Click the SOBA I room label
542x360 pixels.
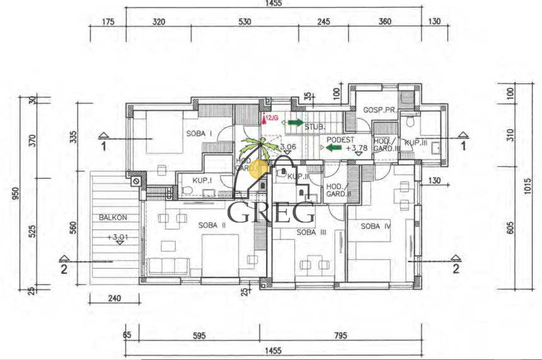click(x=199, y=134)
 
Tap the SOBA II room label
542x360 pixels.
click(x=212, y=225)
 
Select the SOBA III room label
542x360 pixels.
click(x=310, y=233)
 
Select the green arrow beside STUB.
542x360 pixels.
click(x=294, y=122)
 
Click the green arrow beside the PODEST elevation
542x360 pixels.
click(x=333, y=148)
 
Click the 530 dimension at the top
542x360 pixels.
click(x=245, y=21)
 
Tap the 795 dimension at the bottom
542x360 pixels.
click(x=340, y=335)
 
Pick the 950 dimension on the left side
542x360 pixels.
click(x=13, y=195)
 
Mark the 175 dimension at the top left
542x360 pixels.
click(x=108, y=21)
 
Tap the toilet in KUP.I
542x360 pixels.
click(x=187, y=189)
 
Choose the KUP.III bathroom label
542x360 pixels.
click(x=416, y=143)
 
